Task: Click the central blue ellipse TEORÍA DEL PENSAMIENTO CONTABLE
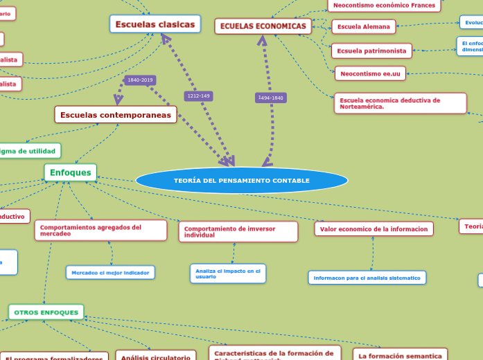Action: [242, 181]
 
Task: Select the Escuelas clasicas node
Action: [155, 25]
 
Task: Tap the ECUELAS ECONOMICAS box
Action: [263, 26]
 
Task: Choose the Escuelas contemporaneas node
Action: [116, 115]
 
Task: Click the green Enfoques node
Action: [71, 172]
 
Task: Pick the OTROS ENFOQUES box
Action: [46, 312]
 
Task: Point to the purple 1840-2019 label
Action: [140, 80]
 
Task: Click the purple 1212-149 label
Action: [198, 96]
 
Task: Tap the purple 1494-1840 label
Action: [270, 98]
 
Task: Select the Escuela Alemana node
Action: [364, 27]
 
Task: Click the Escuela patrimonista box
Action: [371, 51]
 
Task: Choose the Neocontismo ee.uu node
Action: [370, 73]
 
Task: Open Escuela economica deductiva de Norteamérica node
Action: [400, 103]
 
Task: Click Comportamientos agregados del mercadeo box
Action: [101, 231]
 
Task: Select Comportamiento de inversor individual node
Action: [238, 232]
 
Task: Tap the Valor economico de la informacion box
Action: [374, 228]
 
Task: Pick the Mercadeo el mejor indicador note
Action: [110, 273]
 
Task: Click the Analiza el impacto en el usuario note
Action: [228, 273]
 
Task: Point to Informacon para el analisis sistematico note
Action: [367, 278]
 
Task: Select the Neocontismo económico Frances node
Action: [384, 6]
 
